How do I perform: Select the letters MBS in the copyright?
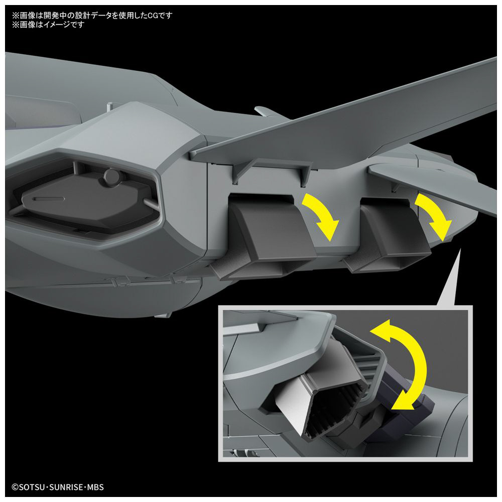[96, 487]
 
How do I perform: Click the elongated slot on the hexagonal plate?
[49, 199]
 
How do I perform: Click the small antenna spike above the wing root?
[268, 111]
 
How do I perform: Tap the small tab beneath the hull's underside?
[163, 315]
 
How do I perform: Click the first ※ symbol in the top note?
[16, 16]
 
